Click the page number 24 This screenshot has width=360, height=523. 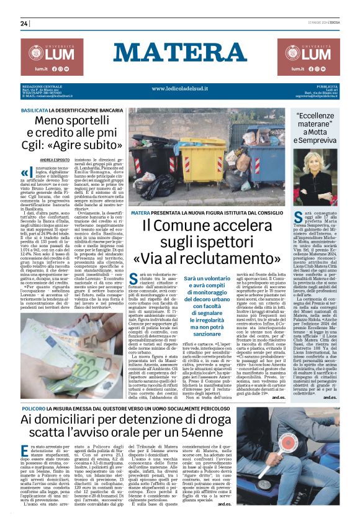point(24,24)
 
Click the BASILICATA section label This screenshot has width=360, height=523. point(43,109)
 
